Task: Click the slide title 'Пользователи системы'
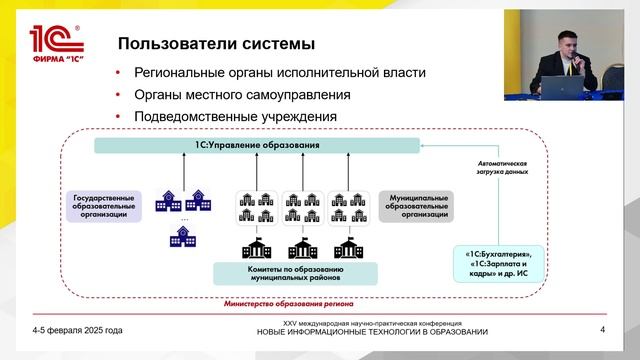pos(217,44)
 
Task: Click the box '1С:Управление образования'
pos(257,146)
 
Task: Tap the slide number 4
pos(602,329)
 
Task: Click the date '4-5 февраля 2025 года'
pos(78,329)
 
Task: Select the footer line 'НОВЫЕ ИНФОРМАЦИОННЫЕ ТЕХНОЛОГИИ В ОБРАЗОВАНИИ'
pos(372,332)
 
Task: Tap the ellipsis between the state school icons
pos(184,217)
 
